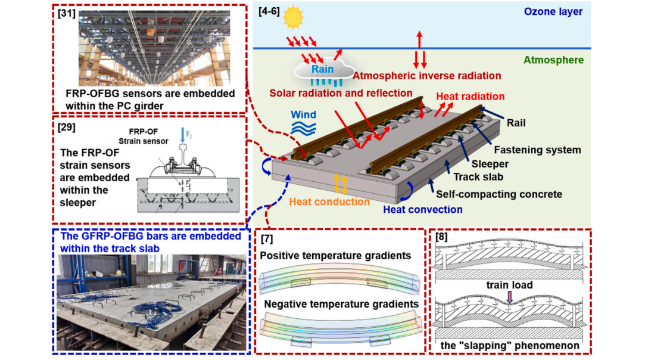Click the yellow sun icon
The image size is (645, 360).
click(x=293, y=17)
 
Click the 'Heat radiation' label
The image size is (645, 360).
click(x=470, y=96)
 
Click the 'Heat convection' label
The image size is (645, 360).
click(x=422, y=209)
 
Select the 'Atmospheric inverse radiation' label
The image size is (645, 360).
click(x=426, y=76)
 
